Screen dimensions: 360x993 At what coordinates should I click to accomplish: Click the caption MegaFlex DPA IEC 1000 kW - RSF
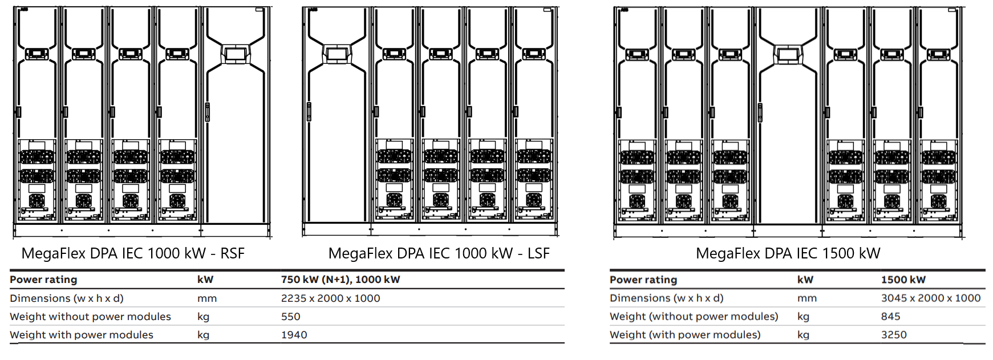click(133, 253)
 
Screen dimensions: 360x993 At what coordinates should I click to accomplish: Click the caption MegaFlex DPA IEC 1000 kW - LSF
click(439, 253)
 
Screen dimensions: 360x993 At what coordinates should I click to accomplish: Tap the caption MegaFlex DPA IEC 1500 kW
click(788, 253)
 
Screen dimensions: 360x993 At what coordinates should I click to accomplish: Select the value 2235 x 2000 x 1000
click(330, 298)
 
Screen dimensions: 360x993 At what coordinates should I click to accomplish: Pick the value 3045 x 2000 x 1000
click(930, 298)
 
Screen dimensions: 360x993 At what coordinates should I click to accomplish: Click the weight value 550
click(290, 317)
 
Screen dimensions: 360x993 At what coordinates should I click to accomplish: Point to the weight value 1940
click(294, 335)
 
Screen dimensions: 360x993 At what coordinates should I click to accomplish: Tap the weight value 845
click(890, 316)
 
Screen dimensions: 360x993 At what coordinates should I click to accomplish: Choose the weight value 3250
click(894, 335)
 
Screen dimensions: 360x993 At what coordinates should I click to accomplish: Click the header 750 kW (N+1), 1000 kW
click(341, 280)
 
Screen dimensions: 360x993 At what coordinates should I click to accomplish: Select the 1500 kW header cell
click(903, 280)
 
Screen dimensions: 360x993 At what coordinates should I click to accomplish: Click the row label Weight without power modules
click(90, 317)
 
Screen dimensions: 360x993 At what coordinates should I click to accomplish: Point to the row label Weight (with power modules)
click(685, 335)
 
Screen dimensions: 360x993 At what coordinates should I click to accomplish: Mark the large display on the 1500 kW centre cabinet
click(788, 55)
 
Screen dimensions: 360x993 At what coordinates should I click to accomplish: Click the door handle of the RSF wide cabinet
click(208, 111)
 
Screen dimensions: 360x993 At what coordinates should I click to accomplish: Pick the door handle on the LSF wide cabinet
click(309, 111)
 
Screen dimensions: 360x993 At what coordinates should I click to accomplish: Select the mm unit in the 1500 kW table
click(806, 298)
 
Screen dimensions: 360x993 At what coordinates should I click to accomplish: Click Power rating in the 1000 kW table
click(43, 280)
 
